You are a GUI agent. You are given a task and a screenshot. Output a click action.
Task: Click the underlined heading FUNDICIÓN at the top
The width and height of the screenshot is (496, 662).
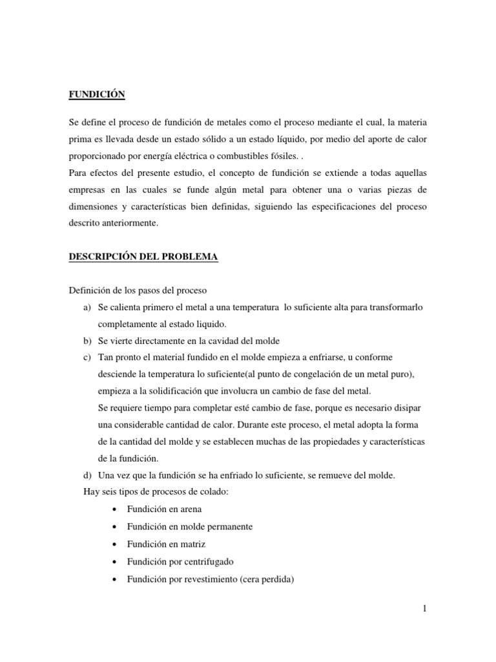pyautogui.click(x=96, y=95)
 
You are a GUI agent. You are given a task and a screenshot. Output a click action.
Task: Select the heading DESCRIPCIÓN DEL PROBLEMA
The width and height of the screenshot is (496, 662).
pyautogui.click(x=143, y=257)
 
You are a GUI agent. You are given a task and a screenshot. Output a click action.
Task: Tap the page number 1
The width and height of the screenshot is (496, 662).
pyautogui.click(x=424, y=608)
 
